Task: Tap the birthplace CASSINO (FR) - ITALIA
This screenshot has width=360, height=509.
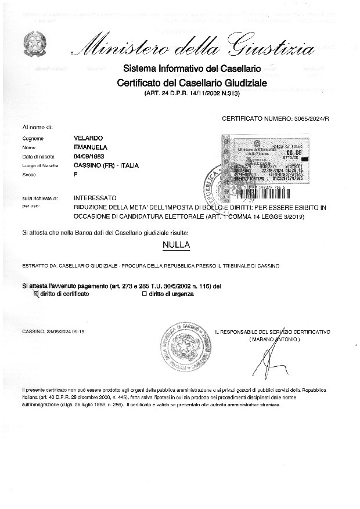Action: [102, 165]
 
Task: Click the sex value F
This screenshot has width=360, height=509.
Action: [75, 174]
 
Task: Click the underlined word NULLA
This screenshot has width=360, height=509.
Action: [177, 246]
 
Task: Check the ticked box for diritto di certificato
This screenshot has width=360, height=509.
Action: [37, 294]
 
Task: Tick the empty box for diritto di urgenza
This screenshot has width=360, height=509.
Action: [145, 294]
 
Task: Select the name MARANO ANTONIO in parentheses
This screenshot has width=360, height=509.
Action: [274, 338]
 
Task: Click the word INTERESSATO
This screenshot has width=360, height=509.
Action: [95, 198]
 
